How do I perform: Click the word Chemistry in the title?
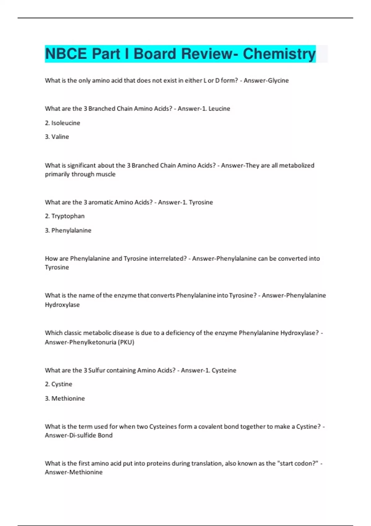tap(279, 54)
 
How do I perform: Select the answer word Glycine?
tap(278, 80)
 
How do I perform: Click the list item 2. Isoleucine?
tap(62, 123)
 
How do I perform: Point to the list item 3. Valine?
tap(57, 137)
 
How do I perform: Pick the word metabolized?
tap(297, 166)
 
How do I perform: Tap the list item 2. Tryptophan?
tap(65, 216)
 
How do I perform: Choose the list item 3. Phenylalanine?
tap(68, 230)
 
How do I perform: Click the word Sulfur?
tap(96, 370)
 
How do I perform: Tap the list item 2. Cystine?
tap(58, 384)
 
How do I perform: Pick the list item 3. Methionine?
tap(65, 398)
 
